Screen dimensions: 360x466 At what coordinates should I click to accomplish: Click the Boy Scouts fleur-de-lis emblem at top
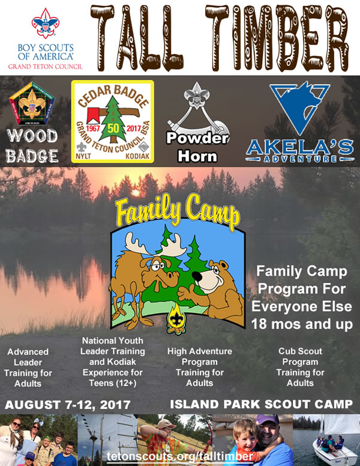click(45, 23)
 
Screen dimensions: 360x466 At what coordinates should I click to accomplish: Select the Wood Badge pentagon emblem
click(32, 103)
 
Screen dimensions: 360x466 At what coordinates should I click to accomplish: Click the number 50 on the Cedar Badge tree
click(113, 128)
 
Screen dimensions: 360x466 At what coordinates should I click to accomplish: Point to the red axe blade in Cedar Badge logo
click(93, 115)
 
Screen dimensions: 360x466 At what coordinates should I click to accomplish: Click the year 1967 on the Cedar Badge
click(93, 129)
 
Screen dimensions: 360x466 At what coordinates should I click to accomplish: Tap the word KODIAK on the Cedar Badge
click(137, 156)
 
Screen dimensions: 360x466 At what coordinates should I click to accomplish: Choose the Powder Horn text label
click(197, 147)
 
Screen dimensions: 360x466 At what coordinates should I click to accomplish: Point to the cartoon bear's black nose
click(197, 276)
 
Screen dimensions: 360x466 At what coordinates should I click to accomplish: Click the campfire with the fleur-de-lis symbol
click(177, 319)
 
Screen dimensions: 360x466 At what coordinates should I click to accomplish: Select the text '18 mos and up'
click(302, 324)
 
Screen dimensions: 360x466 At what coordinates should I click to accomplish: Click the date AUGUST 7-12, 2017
click(68, 405)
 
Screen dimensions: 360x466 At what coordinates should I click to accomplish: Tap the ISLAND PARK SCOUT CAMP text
click(262, 404)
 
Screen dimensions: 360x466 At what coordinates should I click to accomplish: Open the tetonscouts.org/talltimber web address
click(180, 456)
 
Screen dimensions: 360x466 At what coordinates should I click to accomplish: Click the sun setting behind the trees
click(136, 193)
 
